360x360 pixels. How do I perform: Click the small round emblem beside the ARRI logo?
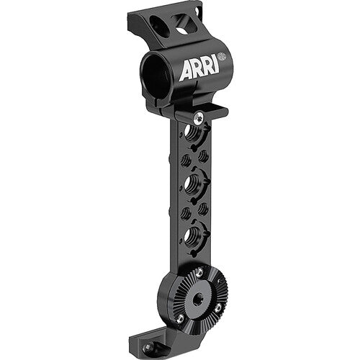tap(222, 57)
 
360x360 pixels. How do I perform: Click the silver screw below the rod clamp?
tap(199, 117)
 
